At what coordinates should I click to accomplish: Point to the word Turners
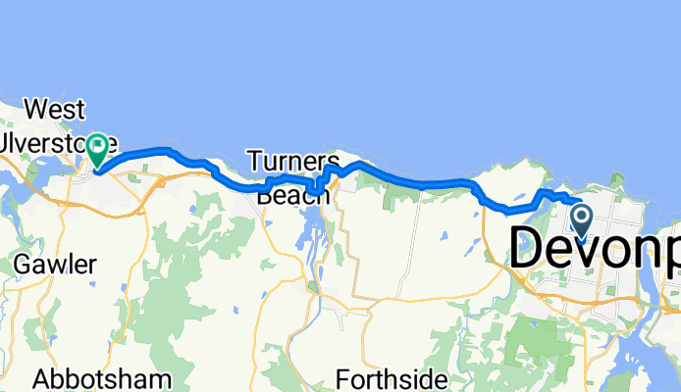[292, 160]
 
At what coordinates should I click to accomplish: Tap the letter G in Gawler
[24, 265]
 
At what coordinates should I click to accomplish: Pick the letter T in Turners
[254, 160]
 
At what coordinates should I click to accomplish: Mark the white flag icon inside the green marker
[98, 146]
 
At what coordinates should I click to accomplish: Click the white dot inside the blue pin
[581, 214]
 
